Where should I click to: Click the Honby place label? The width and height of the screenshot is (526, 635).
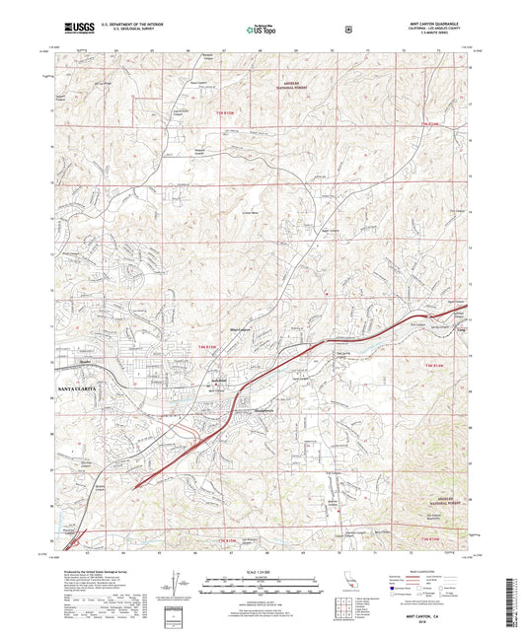[x=83, y=362]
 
